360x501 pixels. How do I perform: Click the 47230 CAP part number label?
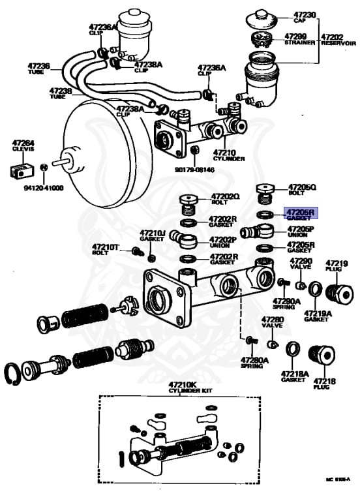(304, 18)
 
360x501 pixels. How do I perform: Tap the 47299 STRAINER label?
(299, 39)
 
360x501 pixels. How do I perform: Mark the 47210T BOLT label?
(106, 250)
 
